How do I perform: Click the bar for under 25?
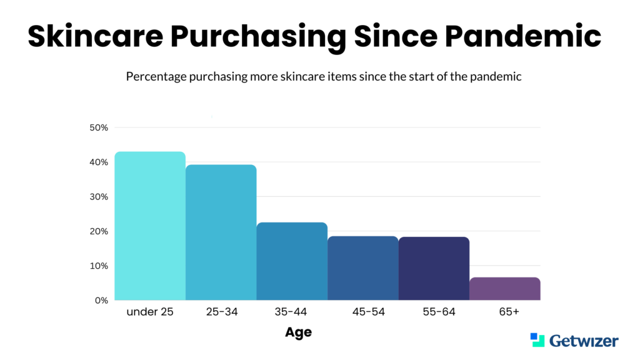[150, 226]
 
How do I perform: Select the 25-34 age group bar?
[221, 232]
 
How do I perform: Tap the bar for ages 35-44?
[292, 261]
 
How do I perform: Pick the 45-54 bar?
[363, 268]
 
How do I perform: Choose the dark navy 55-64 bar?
[434, 269]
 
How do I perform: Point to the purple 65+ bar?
[505, 289]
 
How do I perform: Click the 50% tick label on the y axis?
[99, 127]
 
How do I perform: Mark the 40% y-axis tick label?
[99, 162]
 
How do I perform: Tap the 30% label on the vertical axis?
[99, 197]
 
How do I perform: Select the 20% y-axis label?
[99, 231]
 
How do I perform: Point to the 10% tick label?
[99, 266]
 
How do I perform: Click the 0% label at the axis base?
[102, 301]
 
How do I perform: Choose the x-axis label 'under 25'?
[150, 312]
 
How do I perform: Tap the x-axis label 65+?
[509, 312]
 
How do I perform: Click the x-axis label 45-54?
[369, 312]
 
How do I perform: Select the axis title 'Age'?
[298, 332]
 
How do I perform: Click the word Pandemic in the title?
[523, 36]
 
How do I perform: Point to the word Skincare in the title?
[96, 36]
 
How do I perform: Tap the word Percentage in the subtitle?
[156, 77]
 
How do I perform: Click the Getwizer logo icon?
[537, 339]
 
